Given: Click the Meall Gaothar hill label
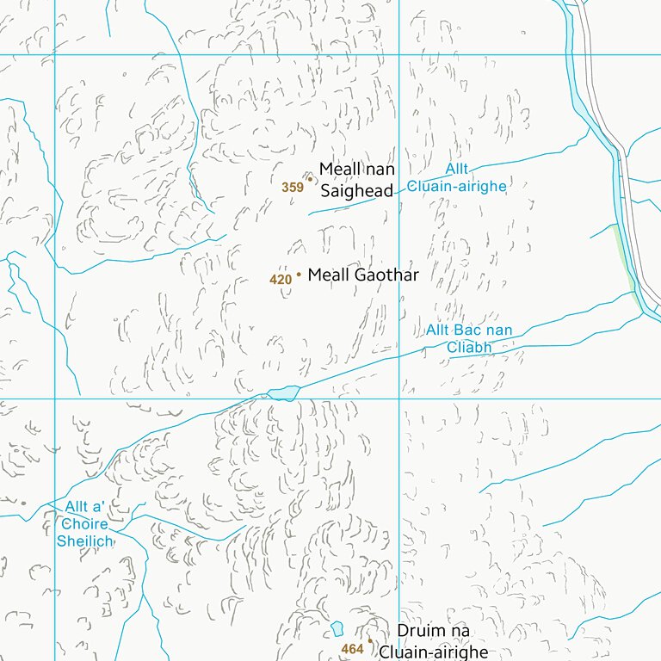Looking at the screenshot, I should pyautogui.click(x=362, y=275).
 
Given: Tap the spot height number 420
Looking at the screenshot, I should pyautogui.click(x=281, y=280).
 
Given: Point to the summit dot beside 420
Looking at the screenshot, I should pyautogui.click(x=299, y=275).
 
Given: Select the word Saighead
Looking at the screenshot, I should pyautogui.click(x=356, y=191).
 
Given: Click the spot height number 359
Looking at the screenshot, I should pyautogui.click(x=292, y=187).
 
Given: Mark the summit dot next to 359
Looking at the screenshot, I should pyautogui.click(x=310, y=180).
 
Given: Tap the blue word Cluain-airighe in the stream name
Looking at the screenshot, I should pyautogui.click(x=456, y=186).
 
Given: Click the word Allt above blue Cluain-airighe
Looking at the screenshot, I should pyautogui.click(x=457, y=170).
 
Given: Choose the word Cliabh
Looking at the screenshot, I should pyautogui.click(x=468, y=348).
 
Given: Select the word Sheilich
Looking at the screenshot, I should pyautogui.click(x=85, y=541).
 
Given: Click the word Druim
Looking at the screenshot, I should pyautogui.click(x=423, y=632).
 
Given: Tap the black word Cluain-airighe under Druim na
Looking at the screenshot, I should pyautogui.click(x=433, y=652).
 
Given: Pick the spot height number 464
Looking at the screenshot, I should pyautogui.click(x=352, y=649).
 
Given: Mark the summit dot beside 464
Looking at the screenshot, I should pyautogui.click(x=370, y=640).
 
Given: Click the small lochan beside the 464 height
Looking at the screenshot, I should pyautogui.click(x=337, y=628).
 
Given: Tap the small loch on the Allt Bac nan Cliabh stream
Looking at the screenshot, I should pyautogui.click(x=283, y=393).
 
